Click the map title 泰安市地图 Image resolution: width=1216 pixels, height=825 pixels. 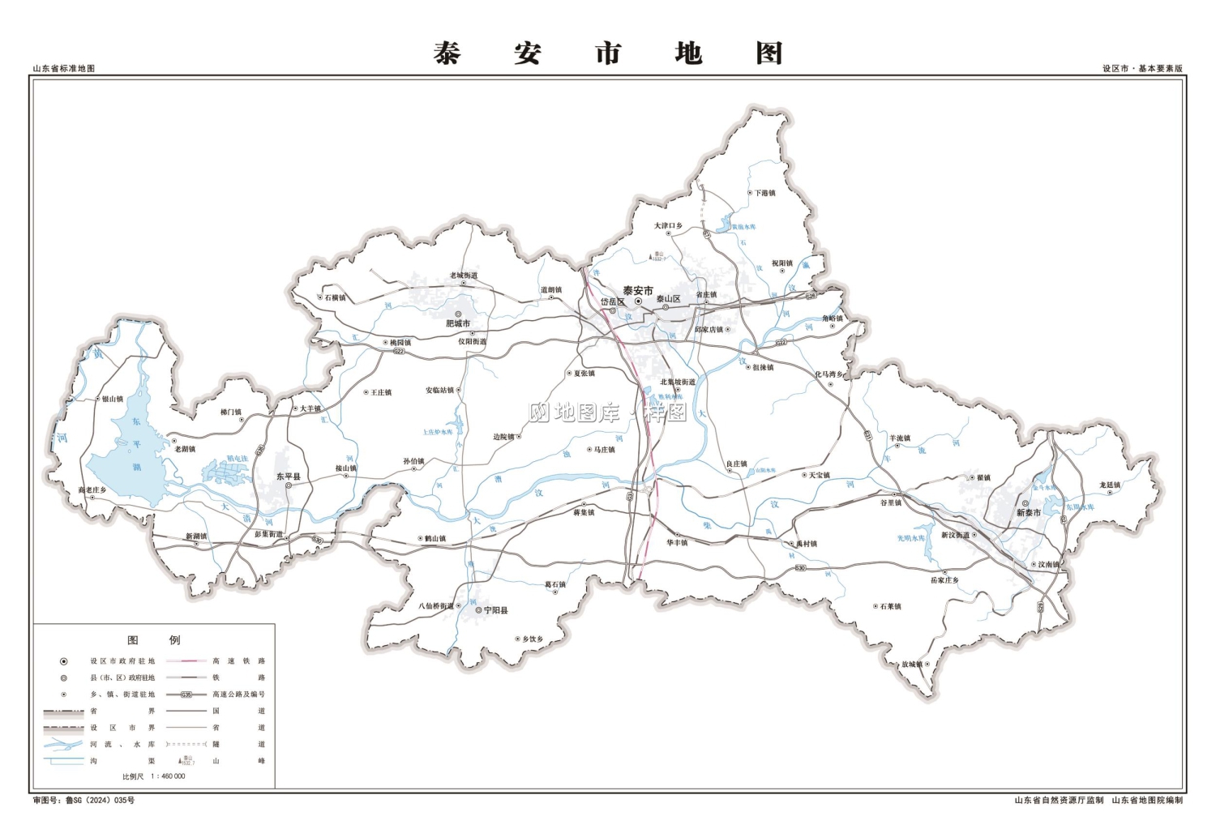pyautogui.click(x=607, y=53)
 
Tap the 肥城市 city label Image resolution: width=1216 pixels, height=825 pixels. pyautogui.click(x=458, y=324)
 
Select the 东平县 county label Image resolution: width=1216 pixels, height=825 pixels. pyautogui.click(x=288, y=477)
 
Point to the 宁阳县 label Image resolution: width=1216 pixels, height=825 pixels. pyautogui.click(x=496, y=610)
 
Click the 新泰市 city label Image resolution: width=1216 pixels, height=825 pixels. pyautogui.click(x=1029, y=513)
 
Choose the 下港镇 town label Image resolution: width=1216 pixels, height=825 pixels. pyautogui.click(x=765, y=194)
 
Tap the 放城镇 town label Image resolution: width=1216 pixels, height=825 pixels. pyautogui.click(x=912, y=665)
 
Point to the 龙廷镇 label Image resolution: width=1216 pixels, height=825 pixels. pyautogui.click(x=1110, y=485)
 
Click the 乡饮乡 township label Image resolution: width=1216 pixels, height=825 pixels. pyautogui.click(x=533, y=639)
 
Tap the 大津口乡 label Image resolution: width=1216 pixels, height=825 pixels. pyautogui.click(x=669, y=226)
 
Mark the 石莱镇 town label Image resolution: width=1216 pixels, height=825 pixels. pyautogui.click(x=890, y=606)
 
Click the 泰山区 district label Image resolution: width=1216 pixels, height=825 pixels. pyautogui.click(x=668, y=299)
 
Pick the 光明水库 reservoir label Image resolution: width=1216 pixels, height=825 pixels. pyautogui.click(x=910, y=538)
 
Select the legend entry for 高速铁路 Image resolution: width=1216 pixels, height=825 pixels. pyautogui.click(x=239, y=661)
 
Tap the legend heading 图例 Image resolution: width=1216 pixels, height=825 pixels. pyautogui.click(x=154, y=640)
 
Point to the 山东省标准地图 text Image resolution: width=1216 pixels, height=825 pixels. pyautogui.click(x=64, y=69)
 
